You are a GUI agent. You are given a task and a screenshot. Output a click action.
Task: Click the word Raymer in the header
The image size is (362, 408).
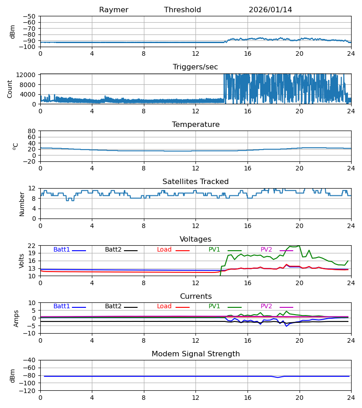114,10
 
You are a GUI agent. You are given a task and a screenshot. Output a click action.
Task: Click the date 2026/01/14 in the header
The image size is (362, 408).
270,10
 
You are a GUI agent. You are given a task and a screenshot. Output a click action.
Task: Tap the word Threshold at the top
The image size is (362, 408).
182,10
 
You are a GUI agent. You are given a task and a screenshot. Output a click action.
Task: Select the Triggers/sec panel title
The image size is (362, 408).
195,67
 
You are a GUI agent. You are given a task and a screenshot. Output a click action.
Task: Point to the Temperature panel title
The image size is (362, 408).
195,125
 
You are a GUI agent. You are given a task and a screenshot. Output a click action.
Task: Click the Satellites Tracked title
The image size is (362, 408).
195,182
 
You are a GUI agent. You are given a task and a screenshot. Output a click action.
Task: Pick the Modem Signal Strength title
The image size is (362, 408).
195,354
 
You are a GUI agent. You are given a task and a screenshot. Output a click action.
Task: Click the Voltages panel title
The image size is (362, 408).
195,239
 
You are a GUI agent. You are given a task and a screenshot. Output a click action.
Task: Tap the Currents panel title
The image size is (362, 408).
195,296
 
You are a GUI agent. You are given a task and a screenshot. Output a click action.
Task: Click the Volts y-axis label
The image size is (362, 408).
21,261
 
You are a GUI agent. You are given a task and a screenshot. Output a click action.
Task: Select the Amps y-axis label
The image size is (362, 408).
16,318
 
